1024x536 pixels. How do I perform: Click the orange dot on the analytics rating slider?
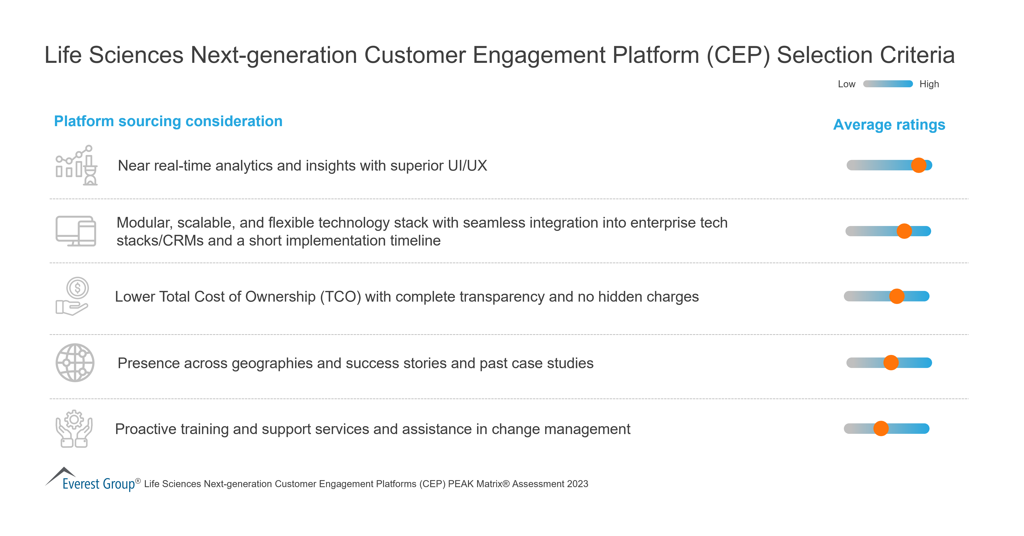918,165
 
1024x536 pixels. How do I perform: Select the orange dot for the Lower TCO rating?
897,296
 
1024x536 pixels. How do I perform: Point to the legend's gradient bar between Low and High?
888,84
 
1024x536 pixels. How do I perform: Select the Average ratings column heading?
889,125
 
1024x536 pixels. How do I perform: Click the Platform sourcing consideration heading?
168,121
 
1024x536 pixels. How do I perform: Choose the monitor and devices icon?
76,231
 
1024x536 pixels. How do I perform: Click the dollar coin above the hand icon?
77,288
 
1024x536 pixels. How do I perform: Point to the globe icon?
75,363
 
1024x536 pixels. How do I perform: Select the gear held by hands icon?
74,429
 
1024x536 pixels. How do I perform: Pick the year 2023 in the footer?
578,484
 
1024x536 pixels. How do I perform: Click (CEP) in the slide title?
738,55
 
